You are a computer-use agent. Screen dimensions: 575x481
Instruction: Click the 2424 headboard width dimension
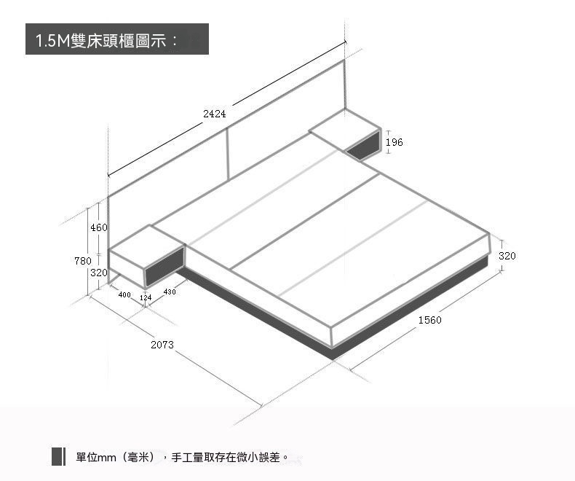tap(215, 114)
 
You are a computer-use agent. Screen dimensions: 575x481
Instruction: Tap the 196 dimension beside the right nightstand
tap(394, 142)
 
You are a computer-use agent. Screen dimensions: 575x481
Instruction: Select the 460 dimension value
tap(99, 227)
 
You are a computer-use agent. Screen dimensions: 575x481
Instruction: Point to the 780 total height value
tap(83, 261)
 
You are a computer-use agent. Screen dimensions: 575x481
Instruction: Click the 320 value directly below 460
tap(99, 273)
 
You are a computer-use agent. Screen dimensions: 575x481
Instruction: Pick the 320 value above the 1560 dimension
tap(507, 256)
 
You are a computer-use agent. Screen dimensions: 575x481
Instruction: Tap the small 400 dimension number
tap(124, 294)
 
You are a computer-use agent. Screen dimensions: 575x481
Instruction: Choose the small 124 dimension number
tap(146, 297)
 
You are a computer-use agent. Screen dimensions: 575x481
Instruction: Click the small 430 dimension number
tap(170, 292)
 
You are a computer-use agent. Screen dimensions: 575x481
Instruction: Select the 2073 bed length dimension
tap(162, 345)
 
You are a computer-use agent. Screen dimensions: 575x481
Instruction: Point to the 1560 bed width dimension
tap(429, 320)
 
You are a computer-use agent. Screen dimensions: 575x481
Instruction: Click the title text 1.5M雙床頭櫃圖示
tap(106, 40)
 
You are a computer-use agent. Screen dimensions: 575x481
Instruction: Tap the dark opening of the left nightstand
tap(164, 265)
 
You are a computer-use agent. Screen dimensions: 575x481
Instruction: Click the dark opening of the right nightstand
tap(362, 146)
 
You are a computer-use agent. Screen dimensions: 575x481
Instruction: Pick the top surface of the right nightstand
tap(345, 130)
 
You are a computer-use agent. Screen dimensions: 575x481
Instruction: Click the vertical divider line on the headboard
tap(228, 154)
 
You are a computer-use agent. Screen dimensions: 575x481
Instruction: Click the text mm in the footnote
tap(107, 458)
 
